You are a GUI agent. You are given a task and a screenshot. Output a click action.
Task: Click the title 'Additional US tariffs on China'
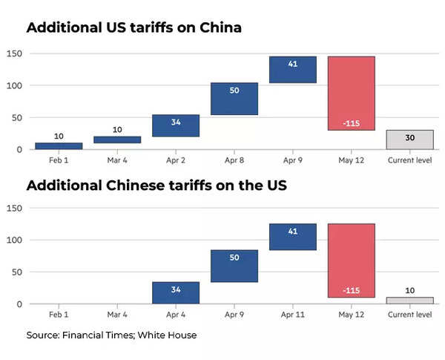[134, 28]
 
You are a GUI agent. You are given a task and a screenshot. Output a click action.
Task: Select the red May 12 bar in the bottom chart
[351, 261]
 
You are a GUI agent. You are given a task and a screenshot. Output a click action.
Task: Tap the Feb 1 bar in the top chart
[59, 145]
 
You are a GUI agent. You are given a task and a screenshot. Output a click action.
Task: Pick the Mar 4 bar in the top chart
[117, 140]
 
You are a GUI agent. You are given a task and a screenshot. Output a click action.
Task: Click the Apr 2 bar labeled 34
[176, 125]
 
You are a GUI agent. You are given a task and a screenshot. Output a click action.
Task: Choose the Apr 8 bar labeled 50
[234, 99]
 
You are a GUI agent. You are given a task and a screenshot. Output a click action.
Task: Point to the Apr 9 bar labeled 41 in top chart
[293, 69]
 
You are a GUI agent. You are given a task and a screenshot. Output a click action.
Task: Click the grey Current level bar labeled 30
[409, 140]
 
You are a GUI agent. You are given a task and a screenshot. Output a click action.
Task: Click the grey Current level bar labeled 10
[409, 301]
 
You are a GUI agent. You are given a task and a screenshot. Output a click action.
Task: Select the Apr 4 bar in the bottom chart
[176, 292]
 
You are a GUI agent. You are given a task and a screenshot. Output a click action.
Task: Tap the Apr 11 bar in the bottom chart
[293, 237]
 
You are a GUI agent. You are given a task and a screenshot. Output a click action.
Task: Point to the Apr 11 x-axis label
[293, 315]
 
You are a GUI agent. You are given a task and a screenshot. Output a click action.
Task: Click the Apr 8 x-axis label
[234, 160]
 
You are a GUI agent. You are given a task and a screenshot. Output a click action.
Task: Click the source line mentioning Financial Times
[111, 336]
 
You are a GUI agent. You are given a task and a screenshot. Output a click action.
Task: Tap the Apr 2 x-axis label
[176, 160]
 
